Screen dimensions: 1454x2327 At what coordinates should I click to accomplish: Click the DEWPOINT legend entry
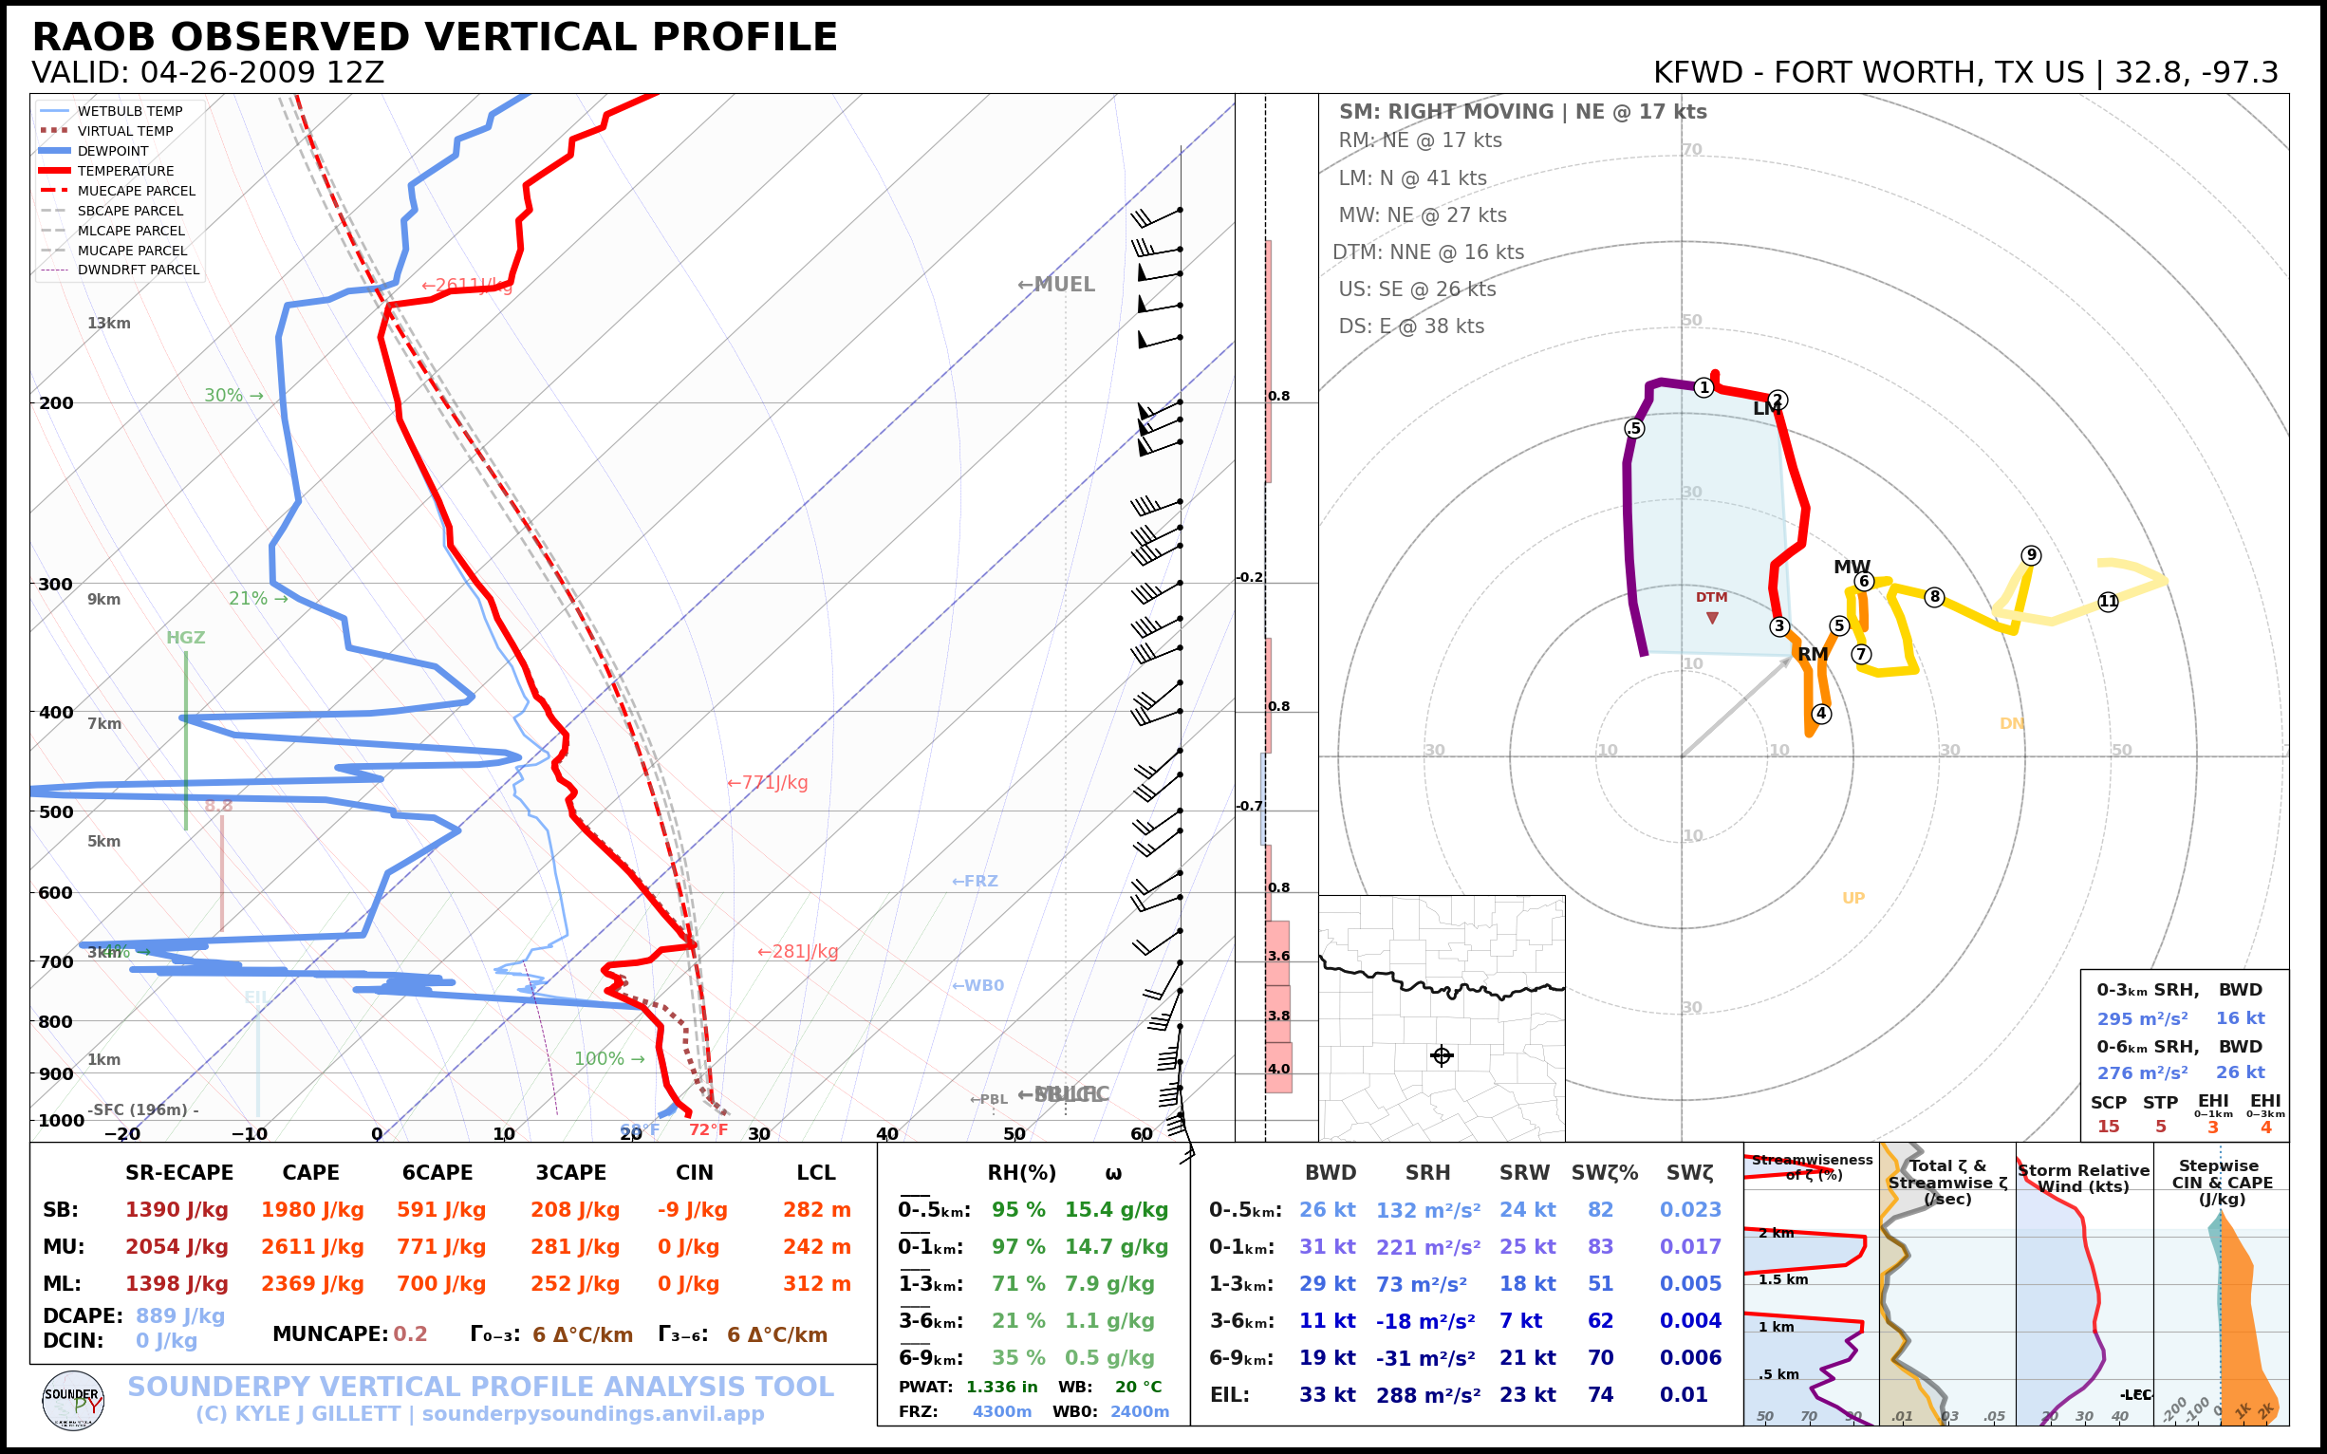click(113, 151)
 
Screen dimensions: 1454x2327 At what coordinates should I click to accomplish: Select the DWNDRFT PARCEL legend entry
click(139, 270)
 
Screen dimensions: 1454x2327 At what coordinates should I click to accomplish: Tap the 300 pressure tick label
click(56, 585)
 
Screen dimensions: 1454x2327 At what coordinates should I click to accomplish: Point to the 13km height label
click(108, 323)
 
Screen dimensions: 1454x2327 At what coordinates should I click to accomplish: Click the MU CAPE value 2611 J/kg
click(312, 1247)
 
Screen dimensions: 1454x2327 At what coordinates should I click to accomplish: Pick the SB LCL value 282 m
click(816, 1210)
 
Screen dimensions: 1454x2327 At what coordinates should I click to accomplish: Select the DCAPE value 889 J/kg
click(179, 1315)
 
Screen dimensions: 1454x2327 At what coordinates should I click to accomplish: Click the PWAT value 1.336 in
click(1002, 1387)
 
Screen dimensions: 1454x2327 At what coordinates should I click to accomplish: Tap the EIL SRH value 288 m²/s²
click(1428, 1394)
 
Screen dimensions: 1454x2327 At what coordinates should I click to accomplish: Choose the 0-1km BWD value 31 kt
click(1327, 1247)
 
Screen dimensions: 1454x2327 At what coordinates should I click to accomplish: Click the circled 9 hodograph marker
click(2031, 555)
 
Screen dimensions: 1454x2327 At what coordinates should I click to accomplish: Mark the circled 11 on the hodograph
click(2108, 602)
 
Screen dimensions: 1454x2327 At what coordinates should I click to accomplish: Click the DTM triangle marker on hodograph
click(1712, 619)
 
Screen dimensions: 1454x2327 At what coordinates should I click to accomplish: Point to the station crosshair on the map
click(1442, 1056)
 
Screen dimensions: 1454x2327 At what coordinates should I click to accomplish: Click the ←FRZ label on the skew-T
click(975, 881)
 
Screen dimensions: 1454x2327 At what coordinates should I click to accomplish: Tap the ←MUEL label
click(1056, 285)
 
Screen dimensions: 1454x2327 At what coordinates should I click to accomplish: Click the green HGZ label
click(186, 638)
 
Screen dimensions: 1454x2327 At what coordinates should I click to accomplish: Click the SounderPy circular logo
click(73, 1400)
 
